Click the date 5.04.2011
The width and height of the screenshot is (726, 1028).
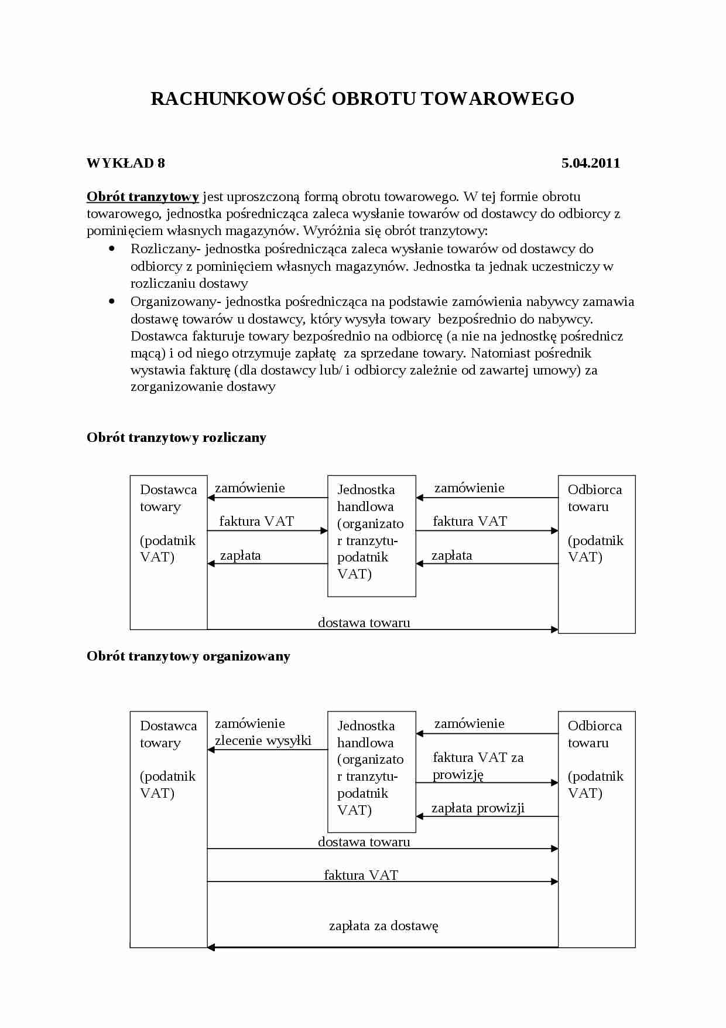click(x=590, y=164)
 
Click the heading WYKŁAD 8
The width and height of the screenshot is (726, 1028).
click(x=126, y=164)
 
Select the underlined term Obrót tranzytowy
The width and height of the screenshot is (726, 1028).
click(x=143, y=197)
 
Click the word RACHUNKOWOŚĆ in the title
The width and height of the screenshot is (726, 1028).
click(x=238, y=98)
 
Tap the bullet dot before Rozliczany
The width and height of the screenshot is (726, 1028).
click(x=112, y=249)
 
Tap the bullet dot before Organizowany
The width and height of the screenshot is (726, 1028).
click(x=112, y=302)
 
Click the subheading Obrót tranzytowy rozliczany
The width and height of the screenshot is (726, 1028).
click(x=176, y=438)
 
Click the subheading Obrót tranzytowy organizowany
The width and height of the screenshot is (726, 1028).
click(x=188, y=656)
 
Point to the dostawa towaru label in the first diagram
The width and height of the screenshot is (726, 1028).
click(x=364, y=622)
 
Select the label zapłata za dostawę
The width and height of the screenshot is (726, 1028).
click(x=383, y=926)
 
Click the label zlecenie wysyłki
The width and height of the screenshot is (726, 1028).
click(x=263, y=740)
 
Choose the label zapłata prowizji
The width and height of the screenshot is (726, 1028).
click(x=478, y=808)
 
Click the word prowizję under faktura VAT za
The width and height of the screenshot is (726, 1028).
click(x=458, y=774)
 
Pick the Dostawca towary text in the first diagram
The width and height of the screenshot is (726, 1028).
click(x=168, y=498)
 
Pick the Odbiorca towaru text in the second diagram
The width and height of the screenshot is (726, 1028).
click(x=595, y=734)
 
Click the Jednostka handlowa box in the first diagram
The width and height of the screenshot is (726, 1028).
click(x=371, y=536)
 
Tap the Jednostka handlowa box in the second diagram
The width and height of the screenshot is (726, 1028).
click(x=371, y=771)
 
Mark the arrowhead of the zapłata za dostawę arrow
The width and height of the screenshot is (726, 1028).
click(x=211, y=947)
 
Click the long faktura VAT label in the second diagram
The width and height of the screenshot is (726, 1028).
click(x=361, y=875)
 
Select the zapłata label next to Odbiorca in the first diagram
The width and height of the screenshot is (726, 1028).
click(x=451, y=556)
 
